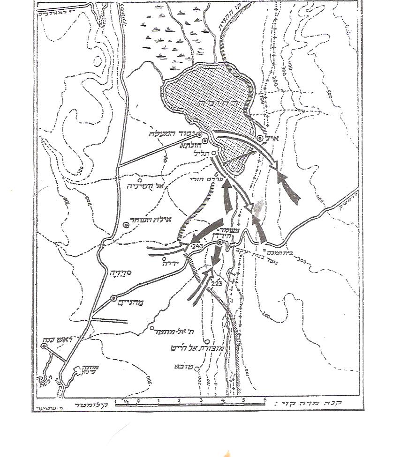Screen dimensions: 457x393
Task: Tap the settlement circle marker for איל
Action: tap(260, 138)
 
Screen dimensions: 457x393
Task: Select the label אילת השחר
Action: tap(149, 219)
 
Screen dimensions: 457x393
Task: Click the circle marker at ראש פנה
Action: tap(44, 346)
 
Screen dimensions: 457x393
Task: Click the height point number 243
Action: tap(196, 246)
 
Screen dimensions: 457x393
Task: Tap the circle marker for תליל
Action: tap(213, 153)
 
